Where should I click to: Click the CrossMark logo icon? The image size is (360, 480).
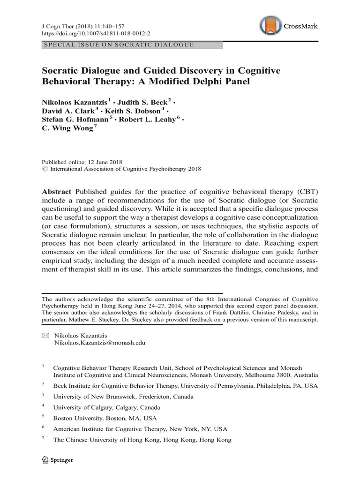pyautogui.click(x=270, y=27)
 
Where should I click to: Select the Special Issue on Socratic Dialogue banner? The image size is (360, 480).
pyautogui.click(x=118, y=45)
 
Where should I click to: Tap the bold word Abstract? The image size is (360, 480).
pyautogui.click(x=57, y=193)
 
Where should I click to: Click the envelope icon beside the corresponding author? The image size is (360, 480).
pyautogui.click(x=45, y=335)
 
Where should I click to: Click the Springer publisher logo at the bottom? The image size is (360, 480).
pyautogui.click(x=58, y=460)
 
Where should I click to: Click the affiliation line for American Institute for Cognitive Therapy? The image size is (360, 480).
pyautogui.click(x=140, y=429)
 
